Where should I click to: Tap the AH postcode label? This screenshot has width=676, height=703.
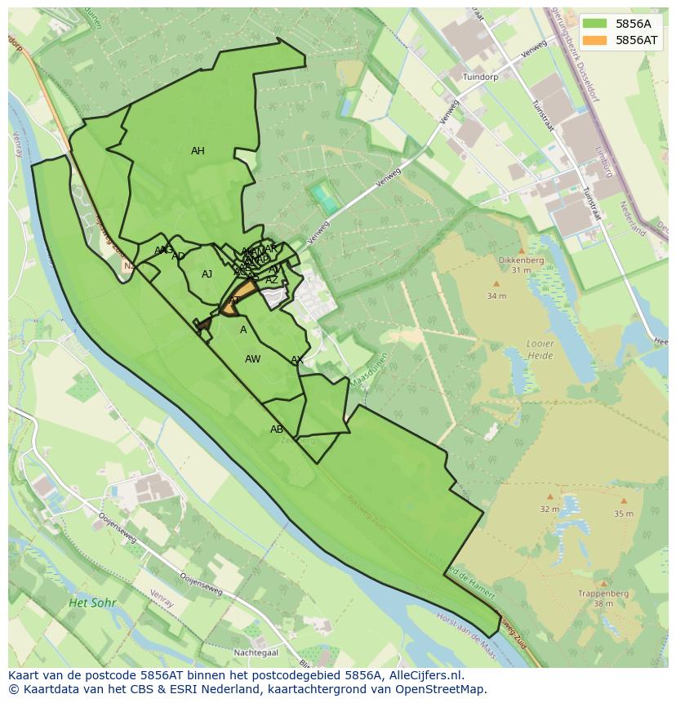point(198,151)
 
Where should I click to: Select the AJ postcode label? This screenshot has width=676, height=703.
point(207,274)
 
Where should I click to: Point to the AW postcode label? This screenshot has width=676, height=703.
point(252,359)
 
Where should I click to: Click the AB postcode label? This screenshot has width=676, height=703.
point(277,429)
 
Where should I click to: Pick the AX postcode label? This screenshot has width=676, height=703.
point(297,360)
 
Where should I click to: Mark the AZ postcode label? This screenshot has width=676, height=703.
point(271,280)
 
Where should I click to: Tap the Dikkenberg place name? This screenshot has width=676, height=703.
point(521,260)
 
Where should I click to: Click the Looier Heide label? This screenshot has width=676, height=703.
point(540,349)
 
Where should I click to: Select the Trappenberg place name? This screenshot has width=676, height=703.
point(603,594)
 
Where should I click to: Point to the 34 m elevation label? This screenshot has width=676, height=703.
point(496,296)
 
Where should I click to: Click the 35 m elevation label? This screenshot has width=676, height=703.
point(623,514)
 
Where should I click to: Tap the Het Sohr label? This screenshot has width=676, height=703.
point(92,603)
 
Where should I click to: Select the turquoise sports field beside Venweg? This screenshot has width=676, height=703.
point(324,198)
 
